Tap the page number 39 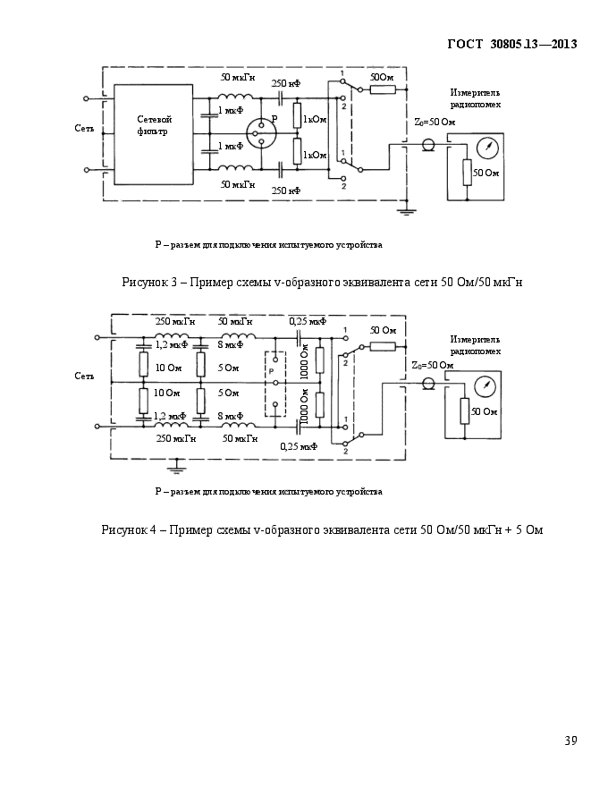click(570, 740)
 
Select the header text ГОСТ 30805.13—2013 click(512, 44)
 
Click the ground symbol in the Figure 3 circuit click(405, 209)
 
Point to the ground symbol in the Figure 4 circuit click(176, 468)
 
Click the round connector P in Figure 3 click(261, 133)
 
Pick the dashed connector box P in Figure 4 click(275, 384)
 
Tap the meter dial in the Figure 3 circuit click(487, 147)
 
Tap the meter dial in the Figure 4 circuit click(485, 387)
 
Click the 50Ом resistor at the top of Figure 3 click(384, 89)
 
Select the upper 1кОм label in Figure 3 click(315, 120)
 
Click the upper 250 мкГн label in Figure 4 click(175, 321)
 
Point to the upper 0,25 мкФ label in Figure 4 click(308, 321)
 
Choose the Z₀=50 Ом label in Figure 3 click(435, 122)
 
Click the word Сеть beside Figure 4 click(84, 376)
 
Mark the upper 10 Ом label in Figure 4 click(169, 368)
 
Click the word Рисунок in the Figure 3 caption click(144, 282)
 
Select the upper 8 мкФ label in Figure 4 click(231, 345)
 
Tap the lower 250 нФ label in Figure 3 click(286, 190)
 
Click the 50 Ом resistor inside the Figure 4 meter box click(465, 411)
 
